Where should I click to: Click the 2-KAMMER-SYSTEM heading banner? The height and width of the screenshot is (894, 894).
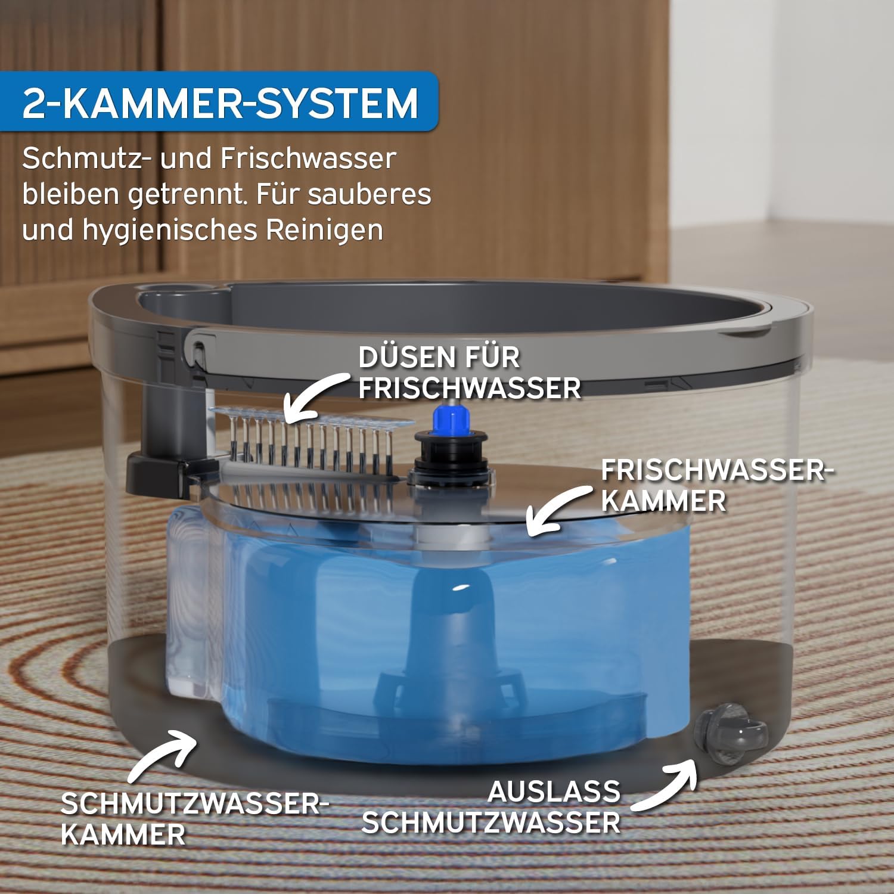(219, 102)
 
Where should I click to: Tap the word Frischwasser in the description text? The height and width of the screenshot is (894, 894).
(308, 159)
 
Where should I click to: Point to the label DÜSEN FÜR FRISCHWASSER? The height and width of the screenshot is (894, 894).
(469, 373)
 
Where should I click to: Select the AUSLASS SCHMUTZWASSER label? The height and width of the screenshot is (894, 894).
(491, 808)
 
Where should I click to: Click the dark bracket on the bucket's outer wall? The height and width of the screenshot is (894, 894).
(157, 453)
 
